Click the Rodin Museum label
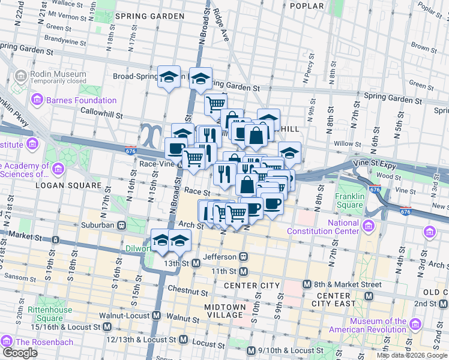point(58,74)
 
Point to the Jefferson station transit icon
point(244,256)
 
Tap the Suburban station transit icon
point(122,225)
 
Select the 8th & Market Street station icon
point(307,284)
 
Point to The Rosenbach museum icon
point(8,341)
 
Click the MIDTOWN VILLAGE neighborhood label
point(225,311)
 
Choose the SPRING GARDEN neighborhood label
point(149,15)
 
